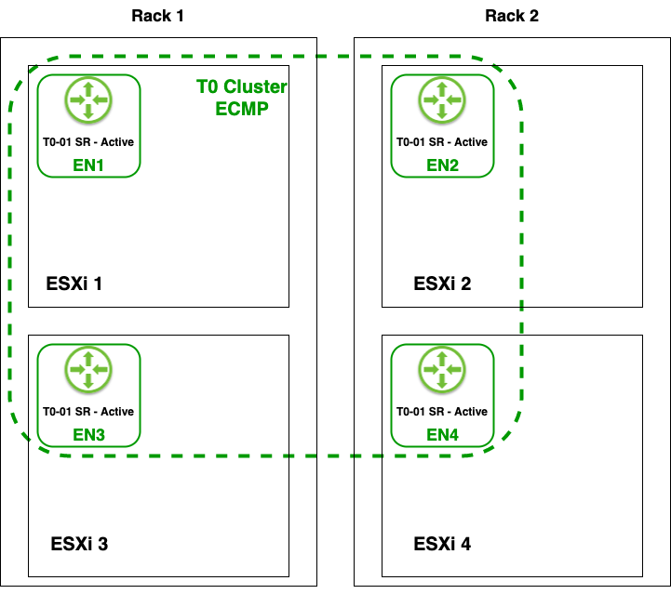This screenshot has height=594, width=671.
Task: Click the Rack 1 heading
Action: tap(158, 16)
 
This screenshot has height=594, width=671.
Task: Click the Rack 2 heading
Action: tap(512, 16)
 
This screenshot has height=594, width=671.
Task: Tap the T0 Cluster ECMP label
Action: tap(241, 97)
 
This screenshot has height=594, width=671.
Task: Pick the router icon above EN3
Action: tap(88, 369)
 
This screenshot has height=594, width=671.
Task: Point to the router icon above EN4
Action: tap(442, 369)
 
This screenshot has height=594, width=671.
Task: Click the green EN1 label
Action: tap(88, 165)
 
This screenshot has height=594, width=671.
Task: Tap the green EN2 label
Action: tap(442, 165)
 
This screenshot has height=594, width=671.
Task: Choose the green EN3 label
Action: tap(88, 434)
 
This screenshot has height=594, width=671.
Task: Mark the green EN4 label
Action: tap(442, 434)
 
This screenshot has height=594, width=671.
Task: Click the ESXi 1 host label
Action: tap(74, 284)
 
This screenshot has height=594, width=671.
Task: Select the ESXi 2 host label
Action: tap(442, 284)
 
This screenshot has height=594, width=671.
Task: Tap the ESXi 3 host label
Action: tap(79, 544)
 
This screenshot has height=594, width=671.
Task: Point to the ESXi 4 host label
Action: tap(442, 544)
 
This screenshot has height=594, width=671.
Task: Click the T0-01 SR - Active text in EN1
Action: tap(88, 142)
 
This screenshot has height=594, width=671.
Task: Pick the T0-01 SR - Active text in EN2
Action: tap(442, 142)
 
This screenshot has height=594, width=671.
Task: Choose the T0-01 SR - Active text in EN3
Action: tap(88, 412)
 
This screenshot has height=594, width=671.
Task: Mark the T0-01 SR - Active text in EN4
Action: tap(442, 412)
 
